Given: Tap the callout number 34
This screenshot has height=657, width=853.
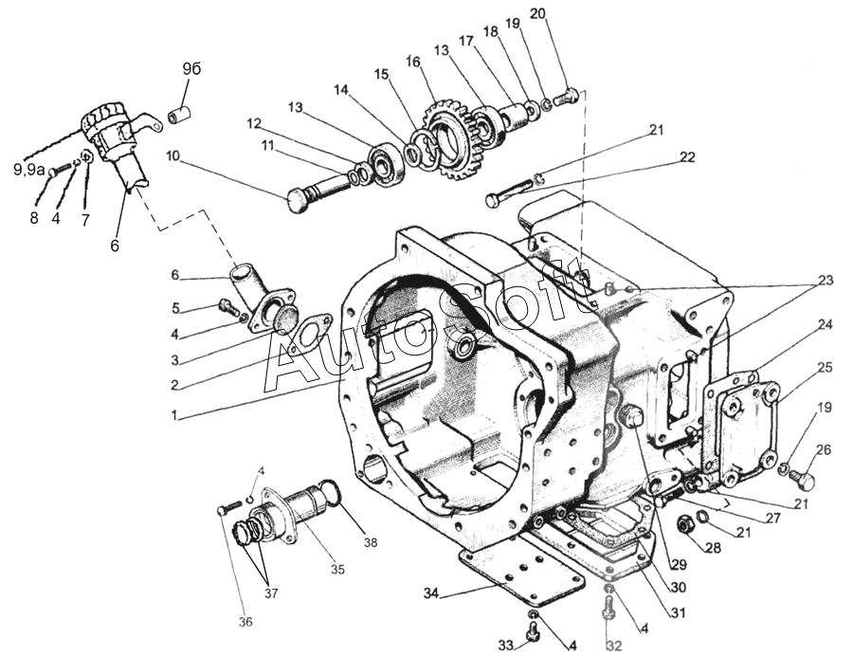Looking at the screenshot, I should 432,593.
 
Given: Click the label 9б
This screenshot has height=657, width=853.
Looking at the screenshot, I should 191,69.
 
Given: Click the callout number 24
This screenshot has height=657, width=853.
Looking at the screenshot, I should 826,323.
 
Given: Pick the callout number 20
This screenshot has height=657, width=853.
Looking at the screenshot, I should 564,14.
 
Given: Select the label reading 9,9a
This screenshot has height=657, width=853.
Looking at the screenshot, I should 29,169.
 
